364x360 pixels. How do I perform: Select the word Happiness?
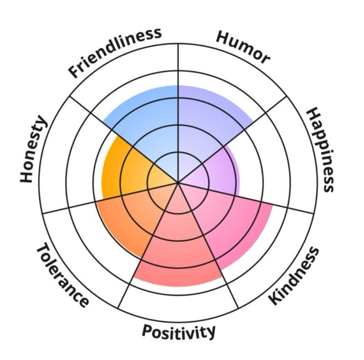point(320,149)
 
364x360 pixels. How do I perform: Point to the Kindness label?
point(294,276)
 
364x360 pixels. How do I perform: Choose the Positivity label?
point(178,332)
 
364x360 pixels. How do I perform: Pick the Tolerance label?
point(62,276)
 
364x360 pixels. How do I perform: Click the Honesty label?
point(34,149)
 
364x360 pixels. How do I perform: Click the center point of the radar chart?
point(178,183)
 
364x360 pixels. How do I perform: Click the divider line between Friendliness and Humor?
point(178,70)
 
